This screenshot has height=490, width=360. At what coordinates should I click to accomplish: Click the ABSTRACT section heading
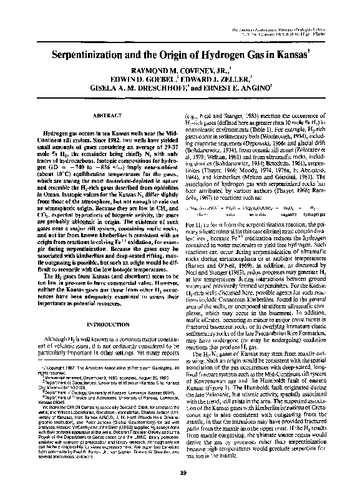coord(101,116)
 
